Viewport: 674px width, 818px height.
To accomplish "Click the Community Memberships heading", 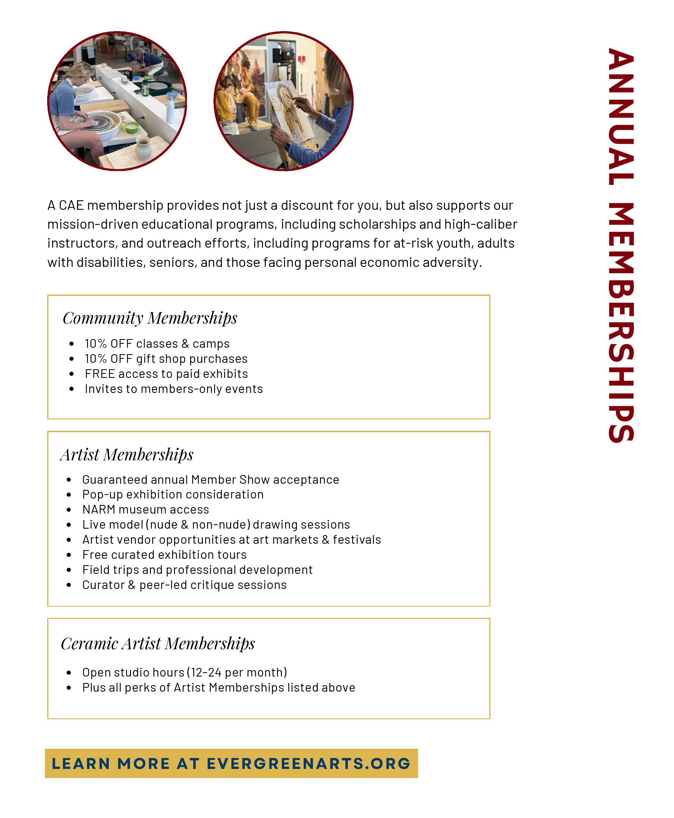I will click(150, 318).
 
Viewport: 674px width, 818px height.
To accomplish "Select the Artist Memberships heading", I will click(126, 455).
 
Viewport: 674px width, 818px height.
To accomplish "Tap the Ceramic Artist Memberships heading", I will click(158, 644).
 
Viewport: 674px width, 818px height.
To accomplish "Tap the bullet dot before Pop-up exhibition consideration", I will click(69, 495).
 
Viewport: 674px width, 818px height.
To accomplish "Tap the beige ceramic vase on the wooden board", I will click(143, 150).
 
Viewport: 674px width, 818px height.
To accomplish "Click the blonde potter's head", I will click(81, 74).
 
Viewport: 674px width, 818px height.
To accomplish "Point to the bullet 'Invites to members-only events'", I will click(174, 389).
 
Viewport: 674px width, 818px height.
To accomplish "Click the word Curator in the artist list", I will click(103, 585).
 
